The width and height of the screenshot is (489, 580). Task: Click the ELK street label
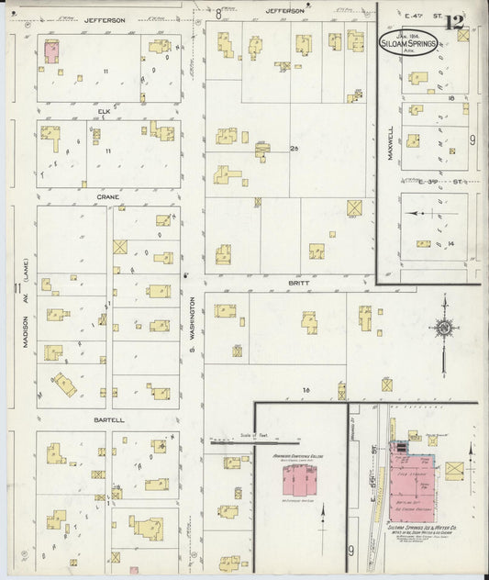coord(108,112)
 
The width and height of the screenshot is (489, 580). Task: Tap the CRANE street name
coord(108,196)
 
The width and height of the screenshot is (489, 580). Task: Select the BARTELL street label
coord(108,420)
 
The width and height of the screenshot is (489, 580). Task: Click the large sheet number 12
coord(454,23)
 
